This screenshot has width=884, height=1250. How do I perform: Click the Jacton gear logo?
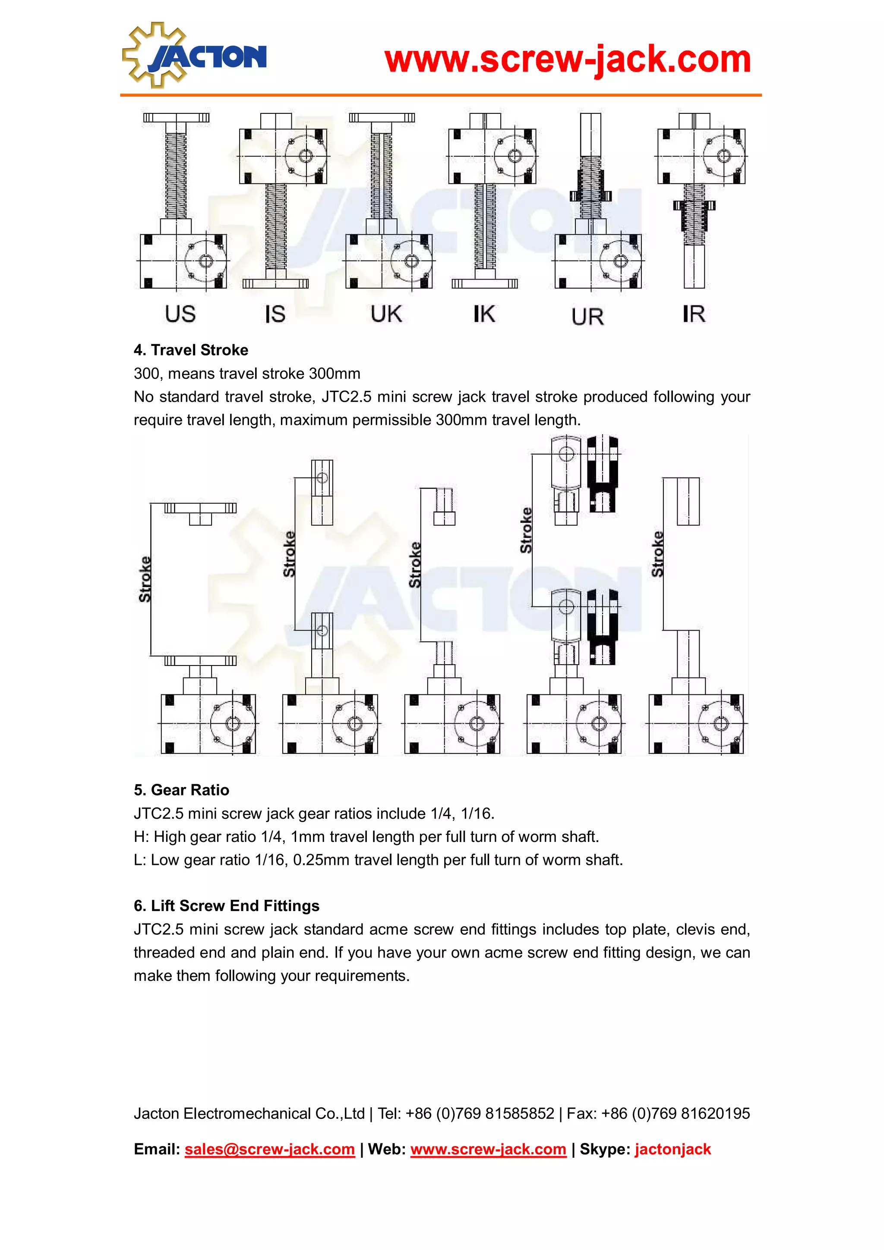click(194, 56)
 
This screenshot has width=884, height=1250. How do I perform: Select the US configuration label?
click(180, 314)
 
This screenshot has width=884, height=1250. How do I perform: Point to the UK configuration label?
click(386, 314)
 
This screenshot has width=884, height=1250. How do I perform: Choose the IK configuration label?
click(484, 314)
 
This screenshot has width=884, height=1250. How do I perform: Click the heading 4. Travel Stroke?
click(191, 350)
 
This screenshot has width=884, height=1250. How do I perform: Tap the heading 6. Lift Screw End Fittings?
click(226, 906)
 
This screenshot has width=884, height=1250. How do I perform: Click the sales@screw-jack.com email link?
click(270, 1149)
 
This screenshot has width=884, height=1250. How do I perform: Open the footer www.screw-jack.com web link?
click(488, 1149)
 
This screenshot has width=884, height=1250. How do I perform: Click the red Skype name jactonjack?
click(672, 1149)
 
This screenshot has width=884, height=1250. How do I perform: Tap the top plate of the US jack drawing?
click(176, 118)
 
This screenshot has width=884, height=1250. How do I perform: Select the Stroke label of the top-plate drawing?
click(144, 579)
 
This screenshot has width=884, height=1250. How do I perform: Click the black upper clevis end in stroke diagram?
click(603, 473)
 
